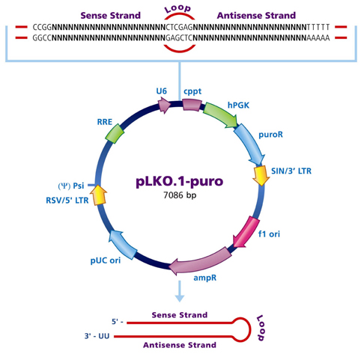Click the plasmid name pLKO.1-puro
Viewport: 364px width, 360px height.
[x=180, y=182]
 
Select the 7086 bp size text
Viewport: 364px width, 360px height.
[x=180, y=196]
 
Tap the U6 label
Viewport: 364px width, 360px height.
[x=161, y=91]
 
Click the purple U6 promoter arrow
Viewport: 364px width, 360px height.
[x=161, y=107]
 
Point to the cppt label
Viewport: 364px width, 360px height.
[x=192, y=91]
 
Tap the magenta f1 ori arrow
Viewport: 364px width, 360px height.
[x=244, y=230]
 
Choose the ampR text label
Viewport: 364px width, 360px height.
[x=205, y=277]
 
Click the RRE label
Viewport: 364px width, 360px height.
[x=104, y=120]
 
